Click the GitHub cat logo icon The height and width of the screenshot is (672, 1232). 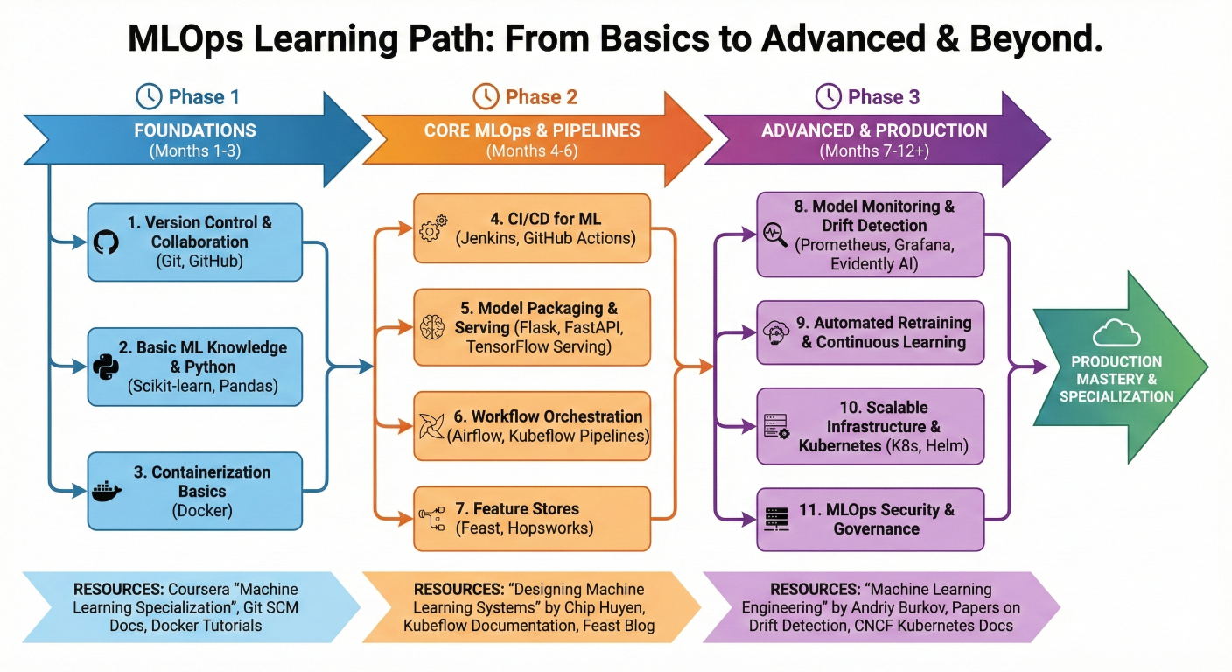106,241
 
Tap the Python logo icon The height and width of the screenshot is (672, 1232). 106,366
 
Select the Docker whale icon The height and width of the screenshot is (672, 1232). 106,491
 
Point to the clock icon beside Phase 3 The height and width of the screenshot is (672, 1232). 827,96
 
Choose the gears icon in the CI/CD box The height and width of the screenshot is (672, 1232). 433,228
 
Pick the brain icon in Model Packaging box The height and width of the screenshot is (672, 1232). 433,327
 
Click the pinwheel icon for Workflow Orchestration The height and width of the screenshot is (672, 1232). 433,426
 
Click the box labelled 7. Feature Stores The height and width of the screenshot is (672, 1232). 532,519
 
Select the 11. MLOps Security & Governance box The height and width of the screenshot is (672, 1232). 871,519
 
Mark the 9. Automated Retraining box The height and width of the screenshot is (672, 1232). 871,332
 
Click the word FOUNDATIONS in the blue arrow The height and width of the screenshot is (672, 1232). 195,131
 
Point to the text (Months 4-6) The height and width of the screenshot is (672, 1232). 531,150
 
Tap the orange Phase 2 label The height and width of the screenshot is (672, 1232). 541,96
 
